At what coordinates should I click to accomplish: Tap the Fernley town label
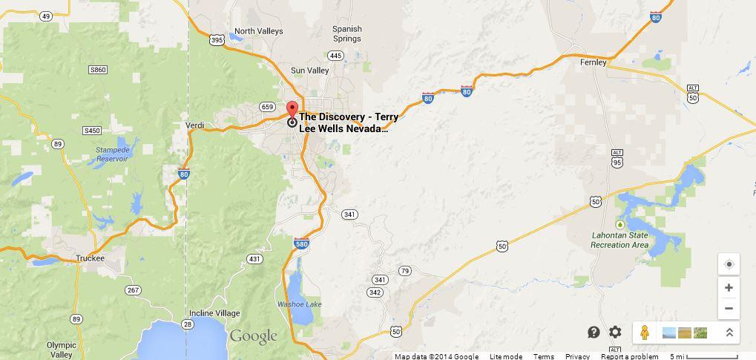pyautogui.click(x=593, y=62)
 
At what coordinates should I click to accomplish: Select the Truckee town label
pyautogui.click(x=90, y=258)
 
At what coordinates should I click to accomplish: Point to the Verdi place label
pyautogui.click(x=194, y=125)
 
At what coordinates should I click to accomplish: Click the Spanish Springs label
pyautogui.click(x=346, y=33)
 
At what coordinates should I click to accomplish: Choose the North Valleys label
pyautogui.click(x=258, y=31)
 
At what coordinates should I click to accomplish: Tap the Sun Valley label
pyautogui.click(x=309, y=71)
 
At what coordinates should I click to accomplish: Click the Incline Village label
pyautogui.click(x=214, y=313)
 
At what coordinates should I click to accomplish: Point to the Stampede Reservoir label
pyautogui.click(x=112, y=154)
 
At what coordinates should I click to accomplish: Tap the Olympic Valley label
pyautogui.click(x=61, y=350)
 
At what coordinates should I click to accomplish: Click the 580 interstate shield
pyautogui.click(x=301, y=244)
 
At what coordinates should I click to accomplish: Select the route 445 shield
pyautogui.click(x=335, y=56)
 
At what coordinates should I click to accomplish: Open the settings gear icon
pyautogui.click(x=615, y=332)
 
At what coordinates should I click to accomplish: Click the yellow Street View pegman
pyautogui.click(x=644, y=333)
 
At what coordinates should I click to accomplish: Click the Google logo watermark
pyautogui.click(x=253, y=336)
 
